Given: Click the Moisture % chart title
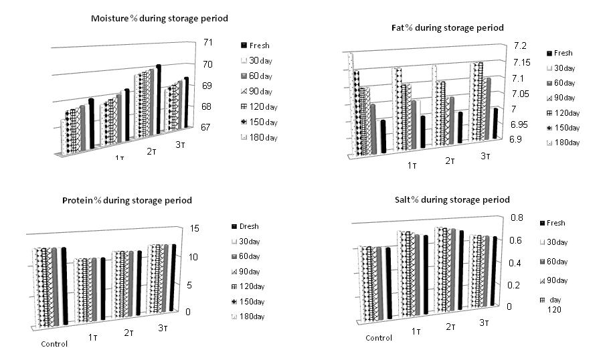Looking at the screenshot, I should pos(159,18).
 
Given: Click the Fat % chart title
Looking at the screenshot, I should pos(447,27).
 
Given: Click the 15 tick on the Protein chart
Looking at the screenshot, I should pos(195,229).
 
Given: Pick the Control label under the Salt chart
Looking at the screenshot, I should pos(379,338).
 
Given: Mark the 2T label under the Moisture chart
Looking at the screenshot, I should pos(152,151).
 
